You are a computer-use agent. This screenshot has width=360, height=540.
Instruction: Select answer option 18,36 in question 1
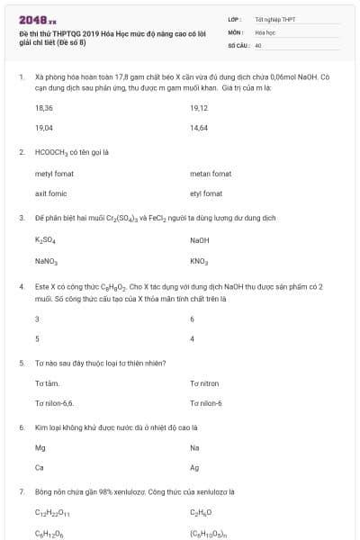pyautogui.click(x=44, y=107)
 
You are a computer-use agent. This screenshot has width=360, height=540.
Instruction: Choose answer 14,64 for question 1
pyautogui.click(x=199, y=128)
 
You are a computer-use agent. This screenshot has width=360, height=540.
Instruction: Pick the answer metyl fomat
pyautogui.click(x=52, y=173)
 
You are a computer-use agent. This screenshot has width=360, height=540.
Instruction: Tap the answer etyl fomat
pyautogui.click(x=206, y=193)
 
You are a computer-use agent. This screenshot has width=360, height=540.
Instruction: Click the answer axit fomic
pyautogui.click(x=51, y=193)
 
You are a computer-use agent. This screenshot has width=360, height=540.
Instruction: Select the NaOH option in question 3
pyautogui.click(x=200, y=240)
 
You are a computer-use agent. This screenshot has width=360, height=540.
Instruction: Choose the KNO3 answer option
pyautogui.click(x=199, y=261)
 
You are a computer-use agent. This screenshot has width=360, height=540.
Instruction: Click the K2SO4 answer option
pyautogui.click(x=45, y=240)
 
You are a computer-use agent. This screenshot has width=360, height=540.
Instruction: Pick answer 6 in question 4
pyautogui.click(x=193, y=319)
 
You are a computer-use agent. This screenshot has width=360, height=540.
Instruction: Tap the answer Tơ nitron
pyautogui.click(x=204, y=383)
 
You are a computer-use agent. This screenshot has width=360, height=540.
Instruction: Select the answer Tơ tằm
pyautogui.click(x=47, y=383)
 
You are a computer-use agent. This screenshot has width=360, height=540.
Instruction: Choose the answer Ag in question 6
pyautogui.click(x=194, y=467)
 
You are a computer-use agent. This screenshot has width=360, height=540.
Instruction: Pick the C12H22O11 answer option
pyautogui.click(x=52, y=513)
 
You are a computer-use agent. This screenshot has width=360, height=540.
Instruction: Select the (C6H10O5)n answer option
pyautogui.click(x=209, y=534)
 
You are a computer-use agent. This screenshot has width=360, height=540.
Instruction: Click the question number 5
pyautogui.click(x=21, y=363)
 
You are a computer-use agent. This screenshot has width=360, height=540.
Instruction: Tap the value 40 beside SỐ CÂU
pyautogui.click(x=258, y=44)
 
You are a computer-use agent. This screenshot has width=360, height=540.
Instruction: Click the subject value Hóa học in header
pyautogui.click(x=265, y=31)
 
